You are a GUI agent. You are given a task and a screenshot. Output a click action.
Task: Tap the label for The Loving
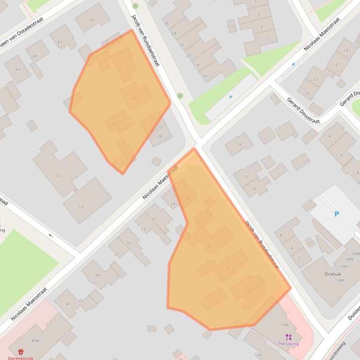288,344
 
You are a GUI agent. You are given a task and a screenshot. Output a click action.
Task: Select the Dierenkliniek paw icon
21,352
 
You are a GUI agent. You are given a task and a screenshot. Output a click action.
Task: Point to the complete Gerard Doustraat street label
303,111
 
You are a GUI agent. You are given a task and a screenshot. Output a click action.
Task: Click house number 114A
283,324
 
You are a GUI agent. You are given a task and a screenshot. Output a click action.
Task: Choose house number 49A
36,341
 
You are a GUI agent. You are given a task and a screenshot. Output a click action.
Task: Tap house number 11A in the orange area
134,98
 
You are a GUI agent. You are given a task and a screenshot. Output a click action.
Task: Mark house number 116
258,355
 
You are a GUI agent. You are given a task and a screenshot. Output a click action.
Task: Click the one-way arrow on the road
51,235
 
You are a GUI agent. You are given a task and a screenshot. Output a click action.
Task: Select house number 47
18,70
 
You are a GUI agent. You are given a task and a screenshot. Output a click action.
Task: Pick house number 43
59,42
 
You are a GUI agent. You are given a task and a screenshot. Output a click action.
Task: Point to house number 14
239,144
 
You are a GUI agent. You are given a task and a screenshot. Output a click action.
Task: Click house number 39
97,275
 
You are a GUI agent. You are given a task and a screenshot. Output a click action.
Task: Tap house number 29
173,204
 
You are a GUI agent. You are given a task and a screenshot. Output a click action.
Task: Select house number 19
345,50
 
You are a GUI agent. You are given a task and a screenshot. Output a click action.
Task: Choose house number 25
307,94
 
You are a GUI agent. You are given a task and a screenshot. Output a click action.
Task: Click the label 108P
340,281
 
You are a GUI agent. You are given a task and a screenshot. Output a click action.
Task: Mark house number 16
205,76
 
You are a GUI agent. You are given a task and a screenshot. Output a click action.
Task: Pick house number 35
129,243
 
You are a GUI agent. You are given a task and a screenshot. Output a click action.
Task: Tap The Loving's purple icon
288,337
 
